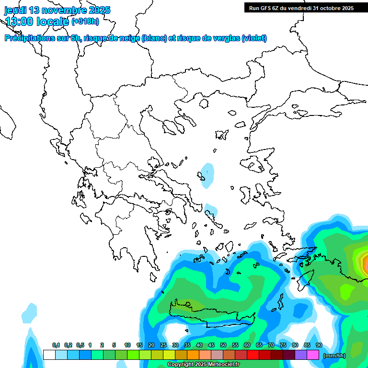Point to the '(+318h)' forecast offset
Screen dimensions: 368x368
coord(86,22)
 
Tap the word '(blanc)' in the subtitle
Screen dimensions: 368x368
coord(154,38)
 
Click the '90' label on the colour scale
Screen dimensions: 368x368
coord(319,345)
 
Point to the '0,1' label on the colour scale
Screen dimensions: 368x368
coord(56,345)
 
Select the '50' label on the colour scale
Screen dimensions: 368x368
coord(223,345)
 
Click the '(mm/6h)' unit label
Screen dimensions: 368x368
coord(335,355)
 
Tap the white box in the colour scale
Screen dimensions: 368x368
coord(49,355)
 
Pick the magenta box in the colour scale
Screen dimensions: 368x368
coord(313,355)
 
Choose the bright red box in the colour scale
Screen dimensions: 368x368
coord(253,355)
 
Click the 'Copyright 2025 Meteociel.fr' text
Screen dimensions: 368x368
coord(203,365)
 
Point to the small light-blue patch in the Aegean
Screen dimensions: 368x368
coord(207,175)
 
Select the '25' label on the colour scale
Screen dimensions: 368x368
coord(163,345)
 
